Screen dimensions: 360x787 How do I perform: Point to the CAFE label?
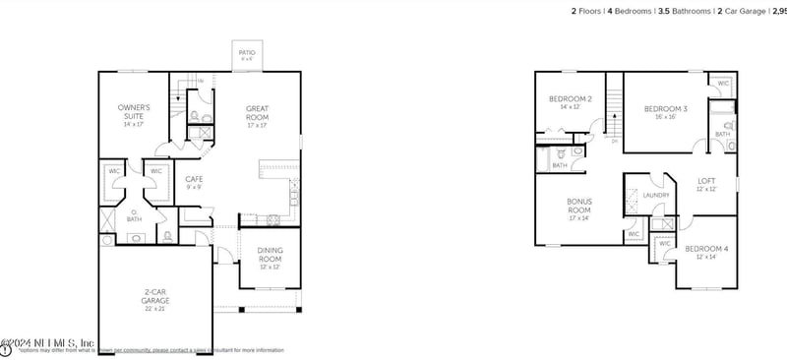(194, 179)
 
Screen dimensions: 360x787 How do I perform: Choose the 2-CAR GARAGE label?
(155, 296)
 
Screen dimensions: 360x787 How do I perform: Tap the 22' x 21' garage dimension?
(155, 309)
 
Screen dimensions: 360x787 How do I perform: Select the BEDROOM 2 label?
(570, 99)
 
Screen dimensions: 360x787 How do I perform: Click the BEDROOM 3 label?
(666, 108)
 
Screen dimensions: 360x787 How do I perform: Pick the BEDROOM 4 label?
(706, 249)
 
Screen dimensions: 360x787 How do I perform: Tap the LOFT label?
(706, 180)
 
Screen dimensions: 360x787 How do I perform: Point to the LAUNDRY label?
(656, 195)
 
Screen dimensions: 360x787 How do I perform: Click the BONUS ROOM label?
(578, 206)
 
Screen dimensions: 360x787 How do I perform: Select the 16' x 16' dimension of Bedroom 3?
(666, 117)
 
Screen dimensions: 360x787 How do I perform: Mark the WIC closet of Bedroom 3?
(723, 84)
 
